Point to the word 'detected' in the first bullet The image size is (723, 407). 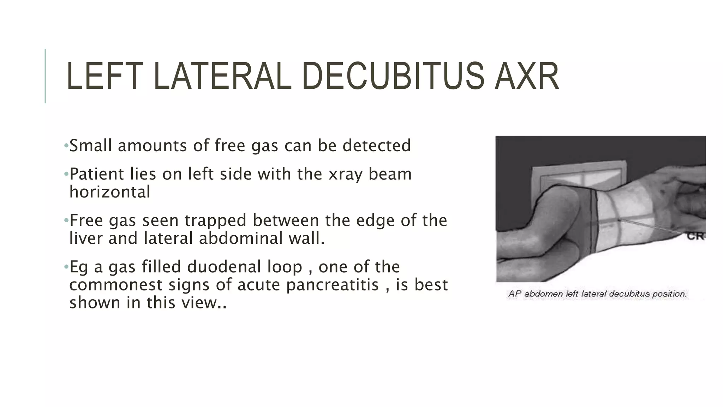(377, 146)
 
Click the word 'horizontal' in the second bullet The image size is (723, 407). (110, 192)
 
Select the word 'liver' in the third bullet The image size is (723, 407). (86, 238)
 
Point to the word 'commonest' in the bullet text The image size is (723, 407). (115, 285)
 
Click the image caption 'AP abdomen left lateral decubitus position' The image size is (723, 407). (597, 294)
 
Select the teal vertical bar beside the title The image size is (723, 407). (45, 76)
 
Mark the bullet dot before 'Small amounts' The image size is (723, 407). (66, 146)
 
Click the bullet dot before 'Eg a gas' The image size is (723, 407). (66, 267)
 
